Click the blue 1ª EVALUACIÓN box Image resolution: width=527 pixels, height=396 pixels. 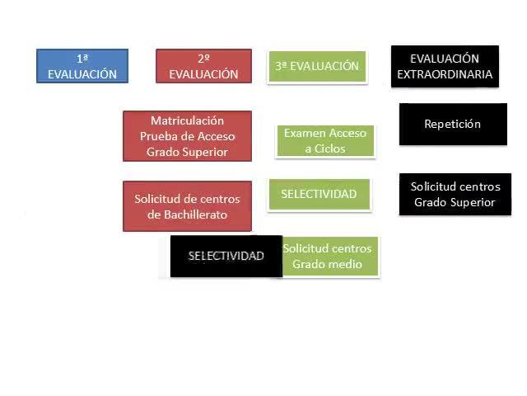click(x=82, y=66)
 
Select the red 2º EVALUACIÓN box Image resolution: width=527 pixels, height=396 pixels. click(x=203, y=66)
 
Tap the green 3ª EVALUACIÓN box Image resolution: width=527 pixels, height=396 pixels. click(x=317, y=66)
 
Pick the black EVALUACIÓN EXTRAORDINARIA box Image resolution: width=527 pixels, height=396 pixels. click(x=445, y=66)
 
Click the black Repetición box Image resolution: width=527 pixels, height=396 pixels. click(x=453, y=125)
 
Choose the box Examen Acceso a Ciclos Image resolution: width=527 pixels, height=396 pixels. click(x=325, y=141)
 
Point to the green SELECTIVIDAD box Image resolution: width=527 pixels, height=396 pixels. click(x=319, y=195)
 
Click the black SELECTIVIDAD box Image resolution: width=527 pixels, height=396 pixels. click(x=226, y=257)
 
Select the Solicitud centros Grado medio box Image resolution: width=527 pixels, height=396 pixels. click(x=329, y=257)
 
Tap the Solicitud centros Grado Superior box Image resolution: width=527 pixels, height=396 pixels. click(x=455, y=195)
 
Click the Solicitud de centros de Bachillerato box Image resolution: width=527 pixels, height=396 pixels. click(x=187, y=206)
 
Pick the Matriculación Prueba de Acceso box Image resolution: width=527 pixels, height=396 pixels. click(x=187, y=136)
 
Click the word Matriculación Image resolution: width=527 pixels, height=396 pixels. click(x=187, y=120)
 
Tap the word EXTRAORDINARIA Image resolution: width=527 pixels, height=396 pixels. click(x=445, y=74)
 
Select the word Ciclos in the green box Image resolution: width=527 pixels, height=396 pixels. click(x=329, y=148)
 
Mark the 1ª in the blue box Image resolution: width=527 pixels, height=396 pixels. click(x=82, y=59)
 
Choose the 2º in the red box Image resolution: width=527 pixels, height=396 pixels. click(x=203, y=59)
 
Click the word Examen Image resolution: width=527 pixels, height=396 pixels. click(x=305, y=133)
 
